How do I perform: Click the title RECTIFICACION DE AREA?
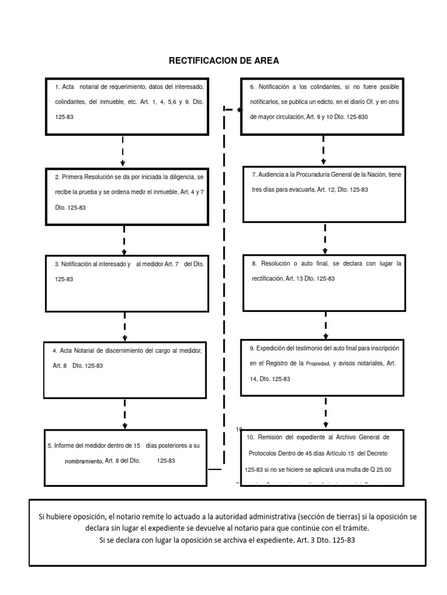[224, 60]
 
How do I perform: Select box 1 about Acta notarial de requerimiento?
[126, 105]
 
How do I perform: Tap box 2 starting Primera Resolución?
[126, 196]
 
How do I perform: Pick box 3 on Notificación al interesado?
[126, 282]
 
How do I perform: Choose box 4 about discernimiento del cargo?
[125, 369]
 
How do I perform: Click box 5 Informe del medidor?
[126, 457]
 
